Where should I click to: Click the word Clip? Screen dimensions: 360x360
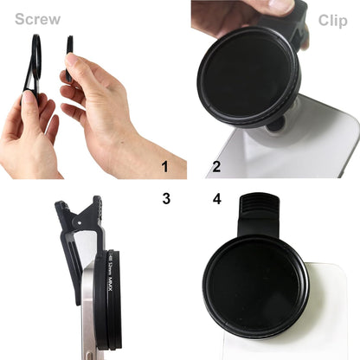pos(332,21)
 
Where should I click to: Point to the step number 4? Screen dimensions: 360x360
pos(216,198)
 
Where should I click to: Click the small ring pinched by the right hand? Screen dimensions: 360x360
pos(68,59)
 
